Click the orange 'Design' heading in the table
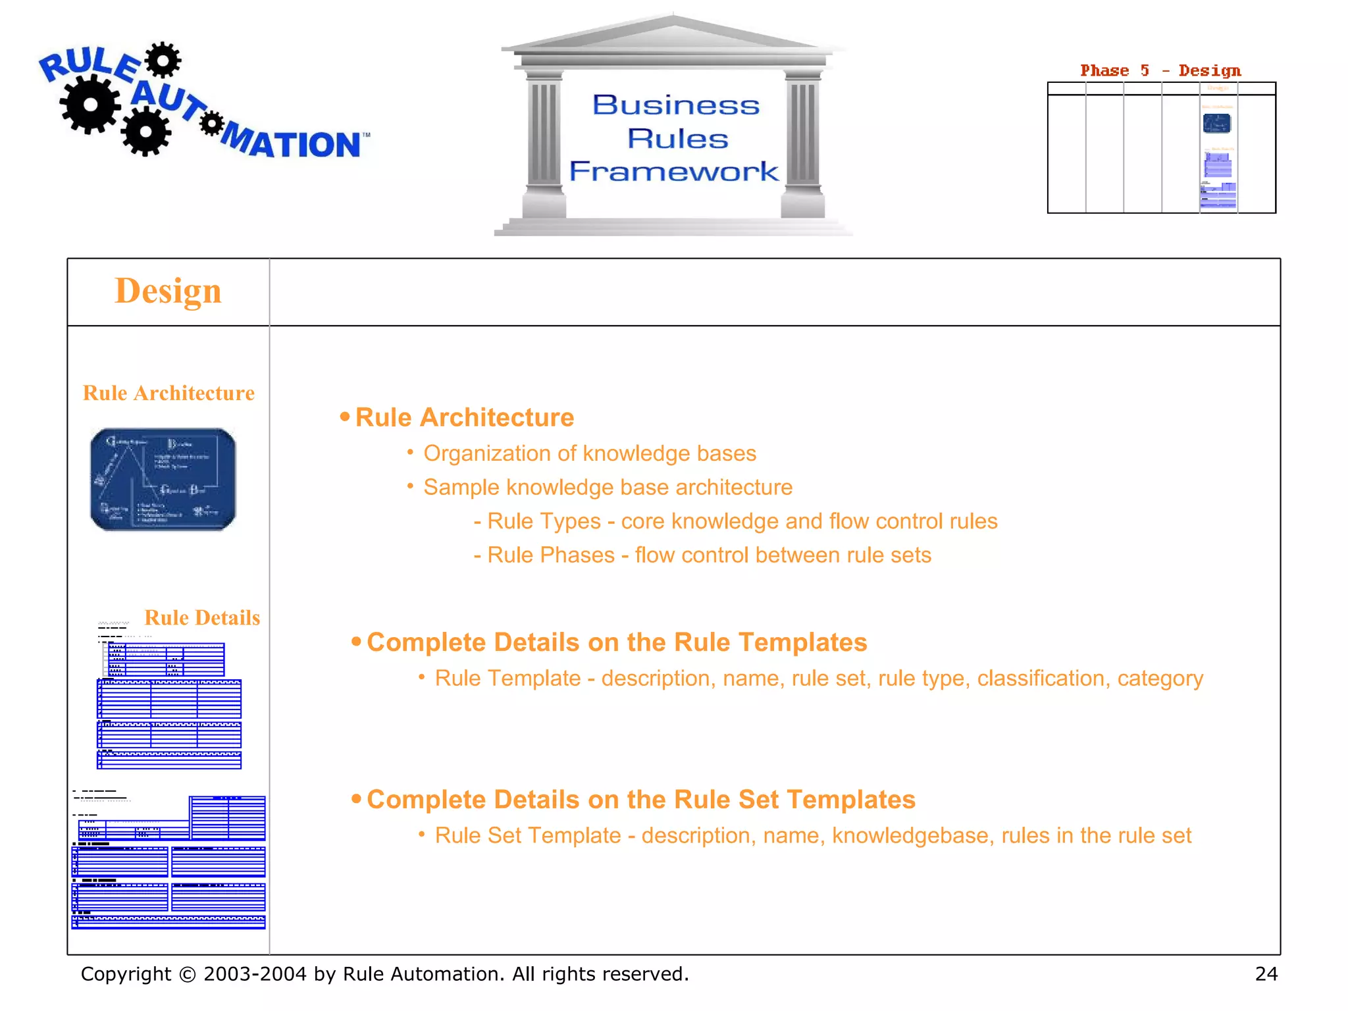pos(168,291)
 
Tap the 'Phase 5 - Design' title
pos(1160,70)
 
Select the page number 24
pos(1266,973)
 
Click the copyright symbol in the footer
pos(188,974)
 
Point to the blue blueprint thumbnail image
pos(163,479)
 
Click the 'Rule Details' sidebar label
pos(202,617)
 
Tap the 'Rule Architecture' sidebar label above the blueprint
pos(168,393)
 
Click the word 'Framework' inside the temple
pos(674,172)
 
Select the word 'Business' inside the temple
pos(676,105)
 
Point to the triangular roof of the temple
pos(673,33)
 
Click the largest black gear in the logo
pos(90,104)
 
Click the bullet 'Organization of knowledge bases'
pos(589,454)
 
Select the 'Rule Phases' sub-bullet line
pos(702,555)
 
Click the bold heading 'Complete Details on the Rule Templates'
pos(617,642)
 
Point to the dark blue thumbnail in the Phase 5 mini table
pos(1216,123)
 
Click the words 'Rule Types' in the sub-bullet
pos(544,521)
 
